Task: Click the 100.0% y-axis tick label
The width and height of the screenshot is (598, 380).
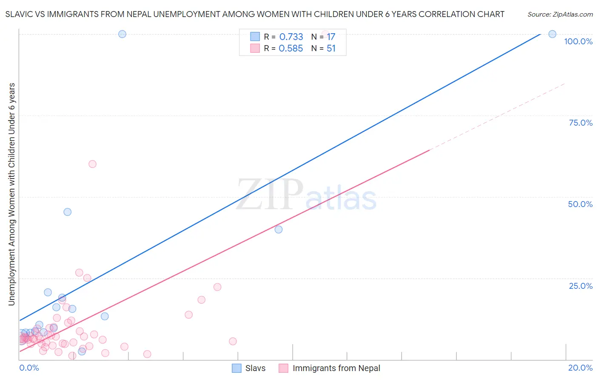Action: [x=578, y=41]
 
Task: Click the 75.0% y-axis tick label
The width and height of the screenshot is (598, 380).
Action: [x=581, y=123]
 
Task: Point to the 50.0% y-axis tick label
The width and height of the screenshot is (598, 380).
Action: [x=580, y=204]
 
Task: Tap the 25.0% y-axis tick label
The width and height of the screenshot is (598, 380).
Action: [x=581, y=286]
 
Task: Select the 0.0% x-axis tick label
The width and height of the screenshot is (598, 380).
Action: [x=29, y=368]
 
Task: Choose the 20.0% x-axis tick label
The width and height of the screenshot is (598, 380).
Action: [x=580, y=368]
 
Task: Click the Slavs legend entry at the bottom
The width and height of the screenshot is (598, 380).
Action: [x=255, y=368]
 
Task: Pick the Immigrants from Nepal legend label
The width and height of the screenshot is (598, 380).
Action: [x=336, y=368]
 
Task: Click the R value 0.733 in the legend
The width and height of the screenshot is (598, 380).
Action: [x=291, y=37]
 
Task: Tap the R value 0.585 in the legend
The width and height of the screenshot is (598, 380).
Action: [x=290, y=49]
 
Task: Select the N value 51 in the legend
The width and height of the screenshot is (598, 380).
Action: [x=331, y=49]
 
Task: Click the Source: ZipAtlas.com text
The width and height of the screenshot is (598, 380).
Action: [x=560, y=14]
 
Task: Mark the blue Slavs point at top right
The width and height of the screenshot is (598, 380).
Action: [x=552, y=34]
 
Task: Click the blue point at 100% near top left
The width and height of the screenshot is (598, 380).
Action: [x=122, y=34]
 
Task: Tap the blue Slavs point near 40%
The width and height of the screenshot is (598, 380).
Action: [x=279, y=229]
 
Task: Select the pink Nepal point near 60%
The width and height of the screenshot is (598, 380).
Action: [x=92, y=164]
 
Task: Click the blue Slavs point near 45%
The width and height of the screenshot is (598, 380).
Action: [x=67, y=212]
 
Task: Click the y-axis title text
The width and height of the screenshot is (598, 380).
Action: [x=11, y=194]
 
